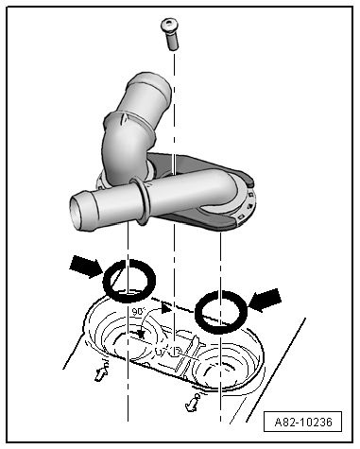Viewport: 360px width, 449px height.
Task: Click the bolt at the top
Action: (170, 34)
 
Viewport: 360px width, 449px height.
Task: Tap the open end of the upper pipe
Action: (149, 84)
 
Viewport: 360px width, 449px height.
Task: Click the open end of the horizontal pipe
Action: (78, 211)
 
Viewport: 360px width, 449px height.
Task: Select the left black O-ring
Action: (129, 281)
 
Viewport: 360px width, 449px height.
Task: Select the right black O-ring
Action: (221, 312)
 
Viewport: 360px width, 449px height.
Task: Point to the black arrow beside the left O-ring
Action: (86, 267)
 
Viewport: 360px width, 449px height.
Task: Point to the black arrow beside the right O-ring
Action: (265, 300)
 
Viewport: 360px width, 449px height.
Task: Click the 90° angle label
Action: (138, 312)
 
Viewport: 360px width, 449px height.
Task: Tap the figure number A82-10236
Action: (303, 422)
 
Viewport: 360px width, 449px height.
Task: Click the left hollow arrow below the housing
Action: (101, 372)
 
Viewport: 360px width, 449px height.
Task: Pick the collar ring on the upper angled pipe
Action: (129, 125)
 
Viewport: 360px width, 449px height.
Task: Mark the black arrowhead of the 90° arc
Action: (166, 308)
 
